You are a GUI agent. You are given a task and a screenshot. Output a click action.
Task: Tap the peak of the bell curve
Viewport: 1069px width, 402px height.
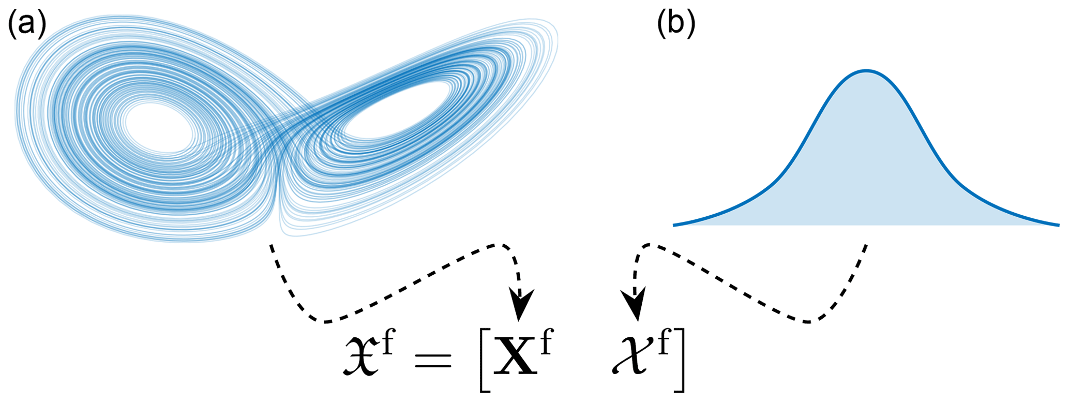(867, 70)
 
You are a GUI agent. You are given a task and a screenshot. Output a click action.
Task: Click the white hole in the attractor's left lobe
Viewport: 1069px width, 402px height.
(158, 126)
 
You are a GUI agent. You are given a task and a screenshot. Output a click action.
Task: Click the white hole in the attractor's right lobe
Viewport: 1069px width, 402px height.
(398, 111)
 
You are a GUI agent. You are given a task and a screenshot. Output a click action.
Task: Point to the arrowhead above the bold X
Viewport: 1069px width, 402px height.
(521, 305)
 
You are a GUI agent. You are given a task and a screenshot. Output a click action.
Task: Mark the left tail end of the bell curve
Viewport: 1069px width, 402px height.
(674, 225)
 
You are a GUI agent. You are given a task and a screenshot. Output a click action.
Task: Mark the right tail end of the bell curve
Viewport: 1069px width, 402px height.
(1058, 225)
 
